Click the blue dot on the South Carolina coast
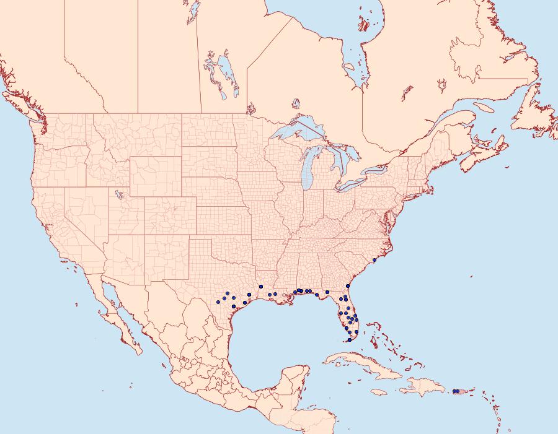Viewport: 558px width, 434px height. pyautogui.click(x=374, y=261)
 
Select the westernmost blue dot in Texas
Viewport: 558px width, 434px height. pyautogui.click(x=218, y=302)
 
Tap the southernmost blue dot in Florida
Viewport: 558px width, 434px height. pyautogui.click(x=350, y=340)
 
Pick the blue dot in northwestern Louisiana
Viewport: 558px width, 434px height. pyautogui.click(x=261, y=286)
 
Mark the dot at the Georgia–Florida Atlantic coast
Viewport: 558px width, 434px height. pyautogui.click(x=348, y=286)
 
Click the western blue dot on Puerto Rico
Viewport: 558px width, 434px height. pyautogui.click(x=455, y=391)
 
